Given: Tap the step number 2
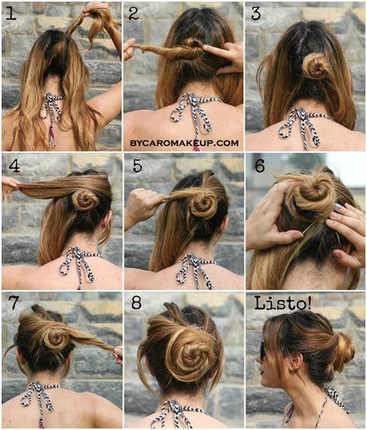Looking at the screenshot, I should point(133,14).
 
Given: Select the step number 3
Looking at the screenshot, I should point(256,14).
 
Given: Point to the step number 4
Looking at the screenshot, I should point(12,165).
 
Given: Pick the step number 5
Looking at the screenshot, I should point(136,165).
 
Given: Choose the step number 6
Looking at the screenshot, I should point(259,165).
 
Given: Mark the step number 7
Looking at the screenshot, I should point(12,303).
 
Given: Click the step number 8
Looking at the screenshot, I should point(136,303).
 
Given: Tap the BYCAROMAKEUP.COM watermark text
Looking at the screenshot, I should point(183,143).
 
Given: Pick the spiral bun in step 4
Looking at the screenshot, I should point(84,200).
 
